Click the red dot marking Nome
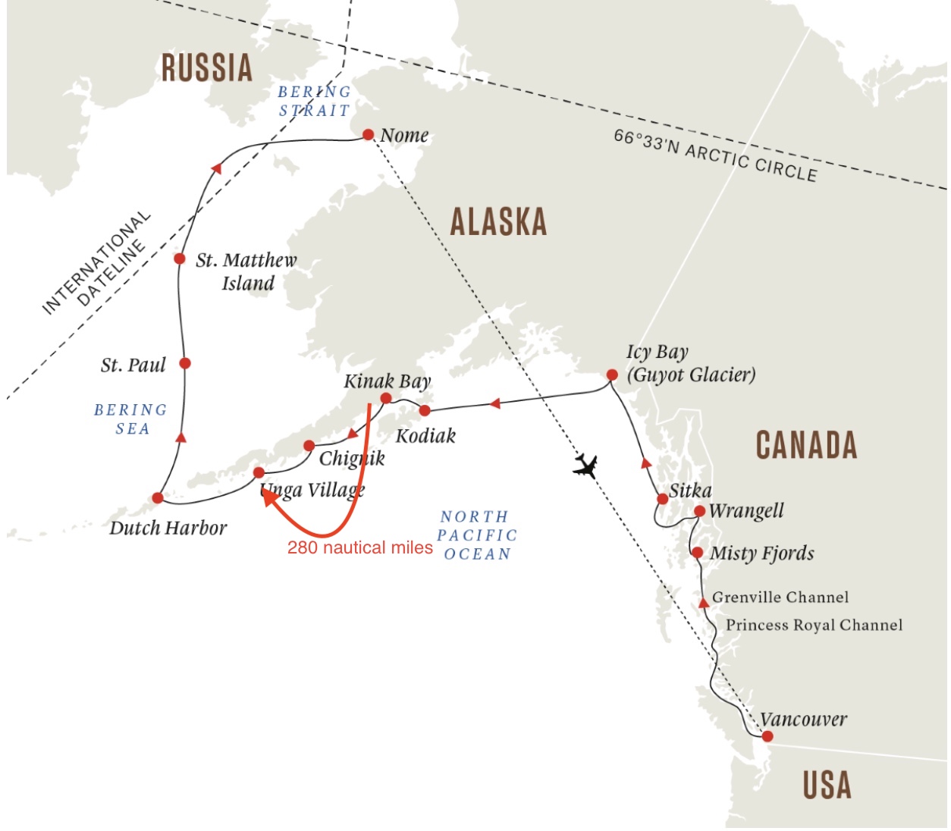pyautogui.click(x=368, y=134)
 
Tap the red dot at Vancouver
pyautogui.click(x=767, y=736)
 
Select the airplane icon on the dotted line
pyautogui.click(x=585, y=466)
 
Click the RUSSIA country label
pyautogui.click(x=207, y=67)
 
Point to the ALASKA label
pyautogui.click(x=498, y=221)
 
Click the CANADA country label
pyautogui.click(x=806, y=444)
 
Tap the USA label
pyautogui.click(x=827, y=785)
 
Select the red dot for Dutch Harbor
pyautogui.click(x=157, y=498)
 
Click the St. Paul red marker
pyautogui.click(x=184, y=363)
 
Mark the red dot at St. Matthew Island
pyautogui.click(x=179, y=259)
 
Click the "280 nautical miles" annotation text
pyautogui.click(x=359, y=547)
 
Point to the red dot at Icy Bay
pyautogui.click(x=612, y=375)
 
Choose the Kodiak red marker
pyautogui.click(x=425, y=410)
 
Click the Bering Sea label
pyautogui.click(x=130, y=419)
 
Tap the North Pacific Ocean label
pyautogui.click(x=477, y=535)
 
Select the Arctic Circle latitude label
pyautogui.click(x=715, y=155)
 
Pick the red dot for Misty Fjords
pyautogui.click(x=697, y=552)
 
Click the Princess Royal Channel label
pyautogui.click(x=814, y=625)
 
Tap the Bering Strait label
pyautogui.click(x=314, y=101)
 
